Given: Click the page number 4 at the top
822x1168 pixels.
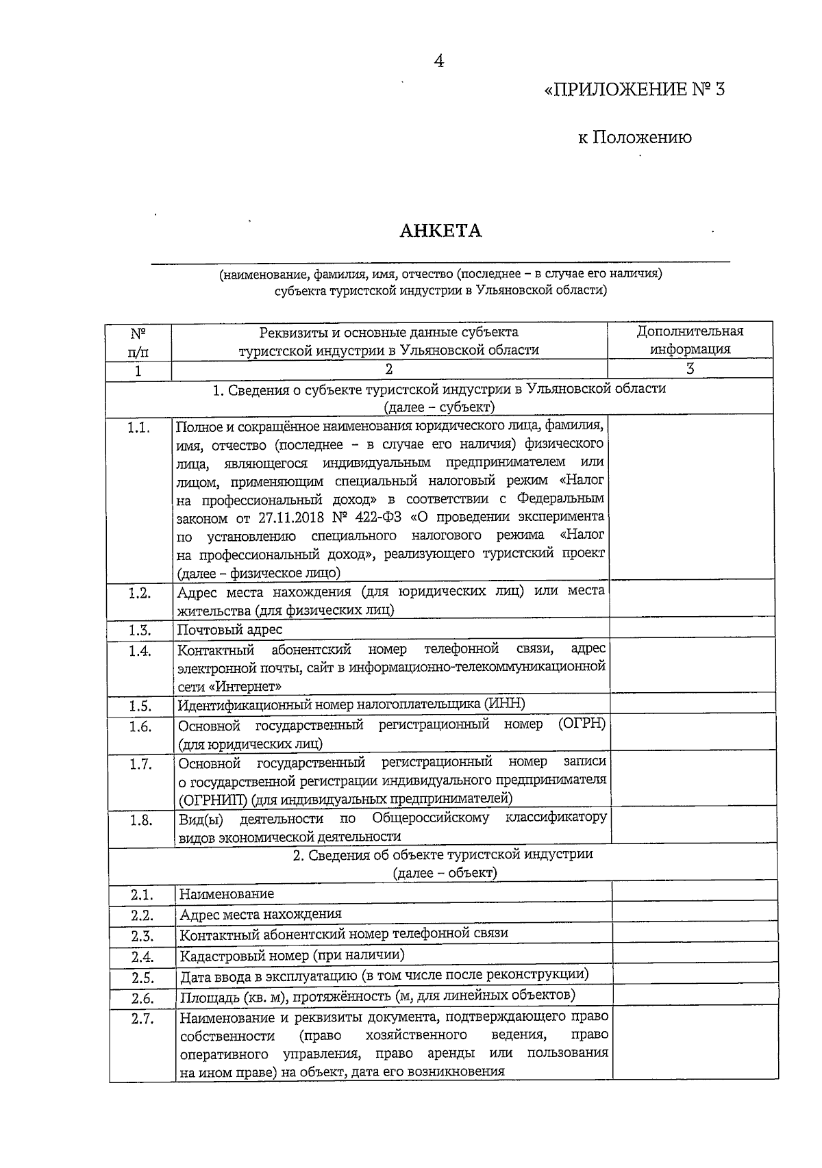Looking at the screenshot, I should click(439, 62).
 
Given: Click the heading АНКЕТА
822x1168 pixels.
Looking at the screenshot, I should click(440, 231).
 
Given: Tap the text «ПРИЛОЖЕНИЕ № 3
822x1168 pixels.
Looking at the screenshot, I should click(634, 90).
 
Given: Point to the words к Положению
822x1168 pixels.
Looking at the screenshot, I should click(634, 138).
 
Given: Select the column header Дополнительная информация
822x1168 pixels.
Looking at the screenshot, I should click(690, 340).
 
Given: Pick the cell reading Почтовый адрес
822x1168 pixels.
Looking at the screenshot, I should click(229, 629).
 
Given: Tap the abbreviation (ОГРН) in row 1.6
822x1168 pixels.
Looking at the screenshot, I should click(582, 724).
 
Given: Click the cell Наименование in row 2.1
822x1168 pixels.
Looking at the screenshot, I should click(227, 893).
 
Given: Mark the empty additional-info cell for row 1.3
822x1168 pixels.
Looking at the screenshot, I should click(691, 629).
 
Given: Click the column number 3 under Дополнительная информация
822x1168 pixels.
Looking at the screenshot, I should click(690, 369).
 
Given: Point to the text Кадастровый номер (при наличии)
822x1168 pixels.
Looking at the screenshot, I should click(292, 954).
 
